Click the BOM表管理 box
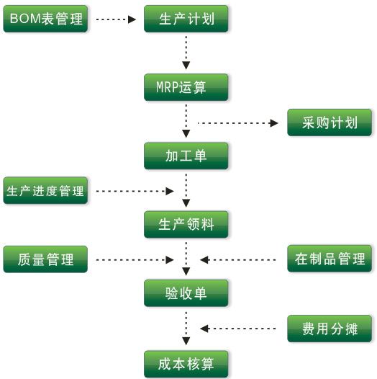coord(46,19)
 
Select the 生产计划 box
coord(186,19)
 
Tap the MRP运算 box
coord(186,88)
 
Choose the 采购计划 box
coord(330,122)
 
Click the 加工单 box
coord(186,156)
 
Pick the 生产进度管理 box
coord(46,191)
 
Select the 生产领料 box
coord(186,224)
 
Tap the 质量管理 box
coord(46,259)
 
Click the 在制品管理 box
coord(330,259)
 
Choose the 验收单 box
coord(186,293)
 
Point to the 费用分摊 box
coord(330,328)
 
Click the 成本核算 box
coord(186,362)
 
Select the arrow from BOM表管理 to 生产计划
coord(115,19)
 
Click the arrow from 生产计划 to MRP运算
coord(186,53)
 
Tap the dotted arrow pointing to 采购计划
coord(237,123)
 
